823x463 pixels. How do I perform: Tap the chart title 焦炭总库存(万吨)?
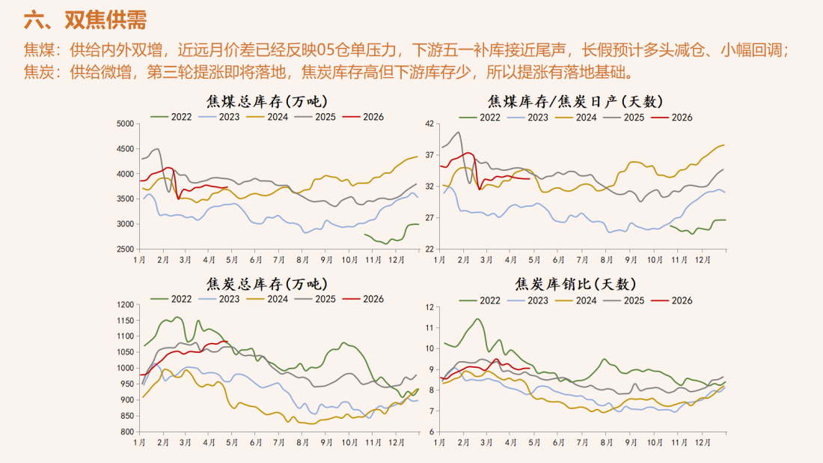tap(266, 284)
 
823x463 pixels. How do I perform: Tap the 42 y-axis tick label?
tap(429, 124)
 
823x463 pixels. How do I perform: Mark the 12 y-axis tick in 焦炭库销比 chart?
tap(429, 306)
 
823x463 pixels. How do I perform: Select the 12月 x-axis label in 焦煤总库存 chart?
tap(396, 259)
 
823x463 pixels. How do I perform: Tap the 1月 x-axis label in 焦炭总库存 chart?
tap(138, 442)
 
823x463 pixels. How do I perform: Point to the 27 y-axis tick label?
tap(429, 218)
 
